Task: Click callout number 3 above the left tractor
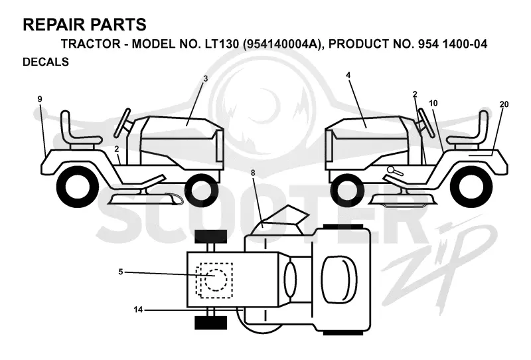[x=205, y=78]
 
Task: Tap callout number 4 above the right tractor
[x=348, y=75]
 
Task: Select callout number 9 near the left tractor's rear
[x=40, y=99]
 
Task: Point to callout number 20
[x=504, y=104]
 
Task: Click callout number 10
[x=433, y=103]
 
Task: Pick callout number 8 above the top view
[x=253, y=173]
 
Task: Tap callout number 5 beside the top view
[x=121, y=272]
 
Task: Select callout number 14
[x=138, y=310]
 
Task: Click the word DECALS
[x=46, y=62]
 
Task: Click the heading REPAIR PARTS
[x=84, y=25]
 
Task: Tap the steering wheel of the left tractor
[x=122, y=123]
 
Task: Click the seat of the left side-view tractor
[x=80, y=132]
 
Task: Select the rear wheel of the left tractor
[x=78, y=187]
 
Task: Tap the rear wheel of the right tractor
[x=472, y=187]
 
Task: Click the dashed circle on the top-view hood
[x=215, y=280]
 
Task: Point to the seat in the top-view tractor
[x=340, y=280]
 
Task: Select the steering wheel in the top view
[x=290, y=280]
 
